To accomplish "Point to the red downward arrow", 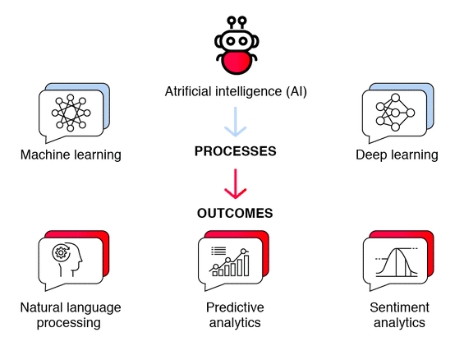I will [x=236, y=183].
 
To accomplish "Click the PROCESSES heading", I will [x=235, y=152].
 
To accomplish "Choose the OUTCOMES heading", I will [x=235, y=213].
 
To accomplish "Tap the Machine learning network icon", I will [x=70, y=113].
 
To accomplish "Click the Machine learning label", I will [x=71, y=155].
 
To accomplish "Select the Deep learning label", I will [x=397, y=155].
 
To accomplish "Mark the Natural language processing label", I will [x=71, y=316].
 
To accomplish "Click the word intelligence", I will [x=246, y=92].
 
